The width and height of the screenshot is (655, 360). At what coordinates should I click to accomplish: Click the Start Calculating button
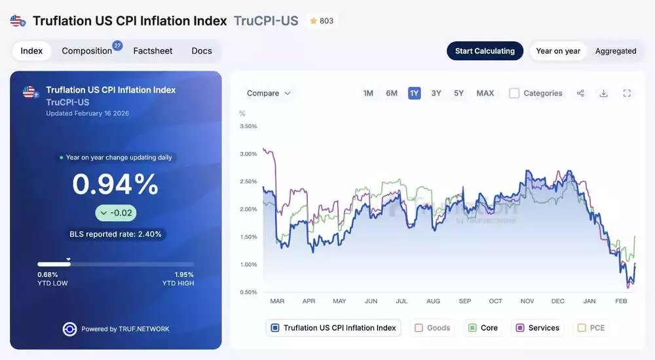point(485,51)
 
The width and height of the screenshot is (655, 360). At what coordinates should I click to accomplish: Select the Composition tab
point(87,51)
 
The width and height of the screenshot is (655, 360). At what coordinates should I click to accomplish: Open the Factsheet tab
point(153,51)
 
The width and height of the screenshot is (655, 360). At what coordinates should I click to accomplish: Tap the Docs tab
point(202,51)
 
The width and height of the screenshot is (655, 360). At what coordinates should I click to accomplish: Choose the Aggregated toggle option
point(616,51)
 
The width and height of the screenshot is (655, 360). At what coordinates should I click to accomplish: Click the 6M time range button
point(392,93)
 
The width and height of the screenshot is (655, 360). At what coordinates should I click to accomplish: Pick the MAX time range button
point(485,93)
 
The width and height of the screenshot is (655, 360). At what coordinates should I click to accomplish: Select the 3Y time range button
point(436,93)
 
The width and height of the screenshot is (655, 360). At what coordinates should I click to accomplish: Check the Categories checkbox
point(515,94)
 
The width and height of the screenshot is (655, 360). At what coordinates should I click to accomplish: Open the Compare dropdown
point(269,94)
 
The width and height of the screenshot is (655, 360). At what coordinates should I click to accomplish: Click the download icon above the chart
point(604,94)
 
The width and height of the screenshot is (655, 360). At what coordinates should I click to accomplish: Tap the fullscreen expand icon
point(627,94)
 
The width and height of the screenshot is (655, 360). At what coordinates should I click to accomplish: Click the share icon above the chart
point(580,94)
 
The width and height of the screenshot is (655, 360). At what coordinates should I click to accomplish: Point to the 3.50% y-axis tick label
point(248,126)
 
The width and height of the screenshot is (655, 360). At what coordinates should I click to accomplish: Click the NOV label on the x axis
point(527,301)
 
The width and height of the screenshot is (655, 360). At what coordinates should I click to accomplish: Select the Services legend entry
point(538,328)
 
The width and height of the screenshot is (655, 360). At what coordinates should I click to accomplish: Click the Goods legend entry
point(433,328)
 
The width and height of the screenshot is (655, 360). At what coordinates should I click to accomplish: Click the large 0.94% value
point(115,185)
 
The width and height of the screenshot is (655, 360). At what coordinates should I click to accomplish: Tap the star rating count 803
point(322,21)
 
